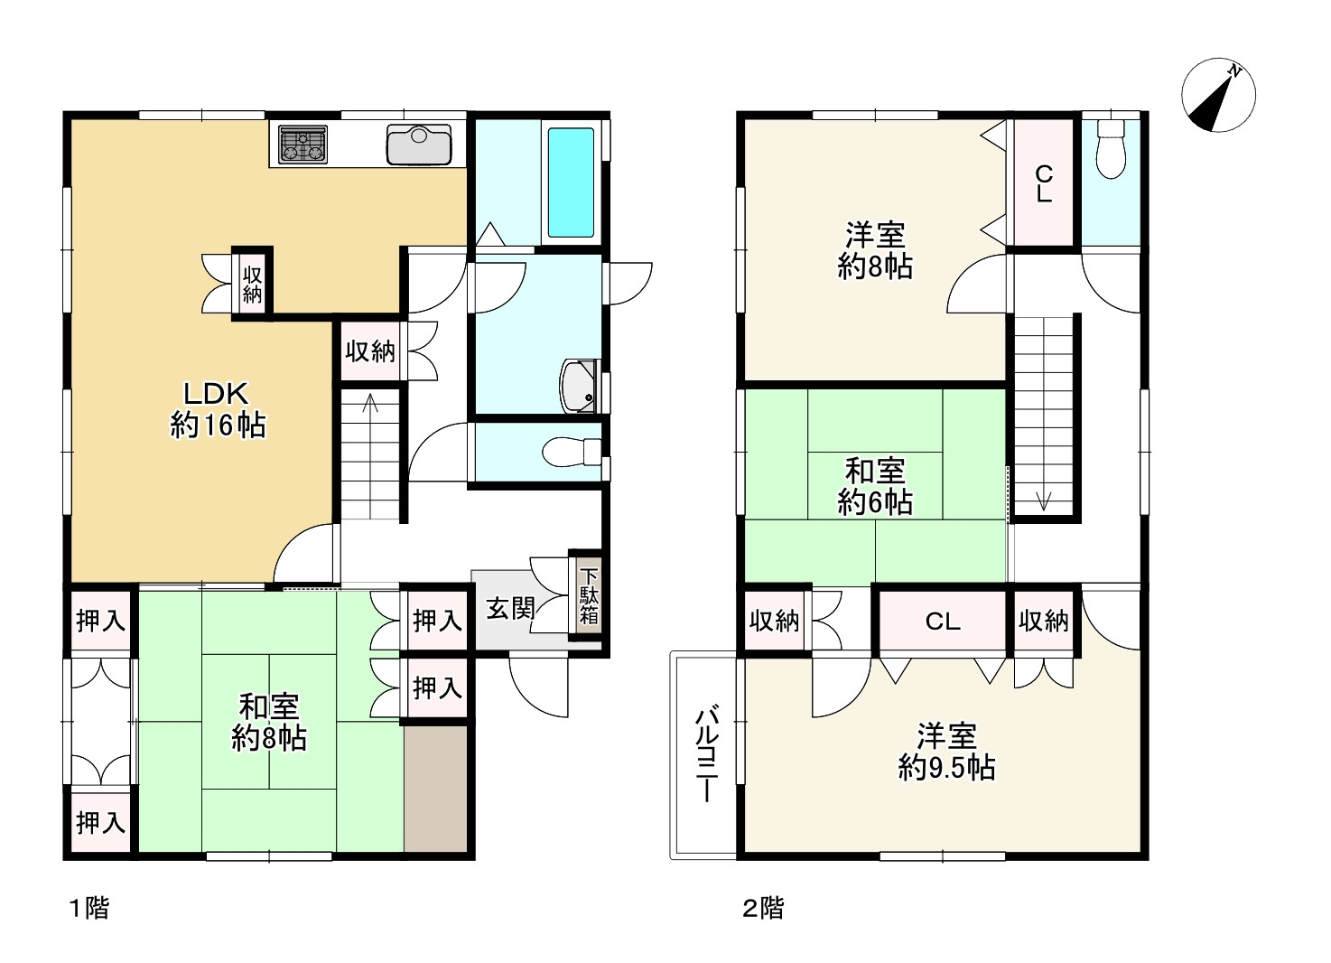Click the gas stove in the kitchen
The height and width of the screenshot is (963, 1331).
(x=303, y=144)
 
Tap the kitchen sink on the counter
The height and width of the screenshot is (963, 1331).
(x=418, y=145)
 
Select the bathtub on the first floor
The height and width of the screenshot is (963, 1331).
(x=571, y=182)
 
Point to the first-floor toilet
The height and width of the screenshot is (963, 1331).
(x=572, y=452)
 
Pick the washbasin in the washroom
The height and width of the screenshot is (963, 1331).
(x=580, y=386)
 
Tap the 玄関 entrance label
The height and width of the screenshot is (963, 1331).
(x=511, y=608)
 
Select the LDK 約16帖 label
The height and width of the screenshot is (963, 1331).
(x=218, y=409)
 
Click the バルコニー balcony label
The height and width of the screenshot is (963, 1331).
(x=707, y=754)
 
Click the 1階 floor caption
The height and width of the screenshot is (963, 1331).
(x=89, y=908)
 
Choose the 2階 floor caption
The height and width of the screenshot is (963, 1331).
(x=763, y=908)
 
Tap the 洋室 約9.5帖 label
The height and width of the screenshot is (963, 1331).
(x=946, y=752)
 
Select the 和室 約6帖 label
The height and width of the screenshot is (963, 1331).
(x=875, y=487)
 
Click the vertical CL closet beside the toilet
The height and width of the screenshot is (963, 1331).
(x=1044, y=183)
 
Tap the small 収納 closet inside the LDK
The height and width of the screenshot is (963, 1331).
(x=252, y=284)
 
